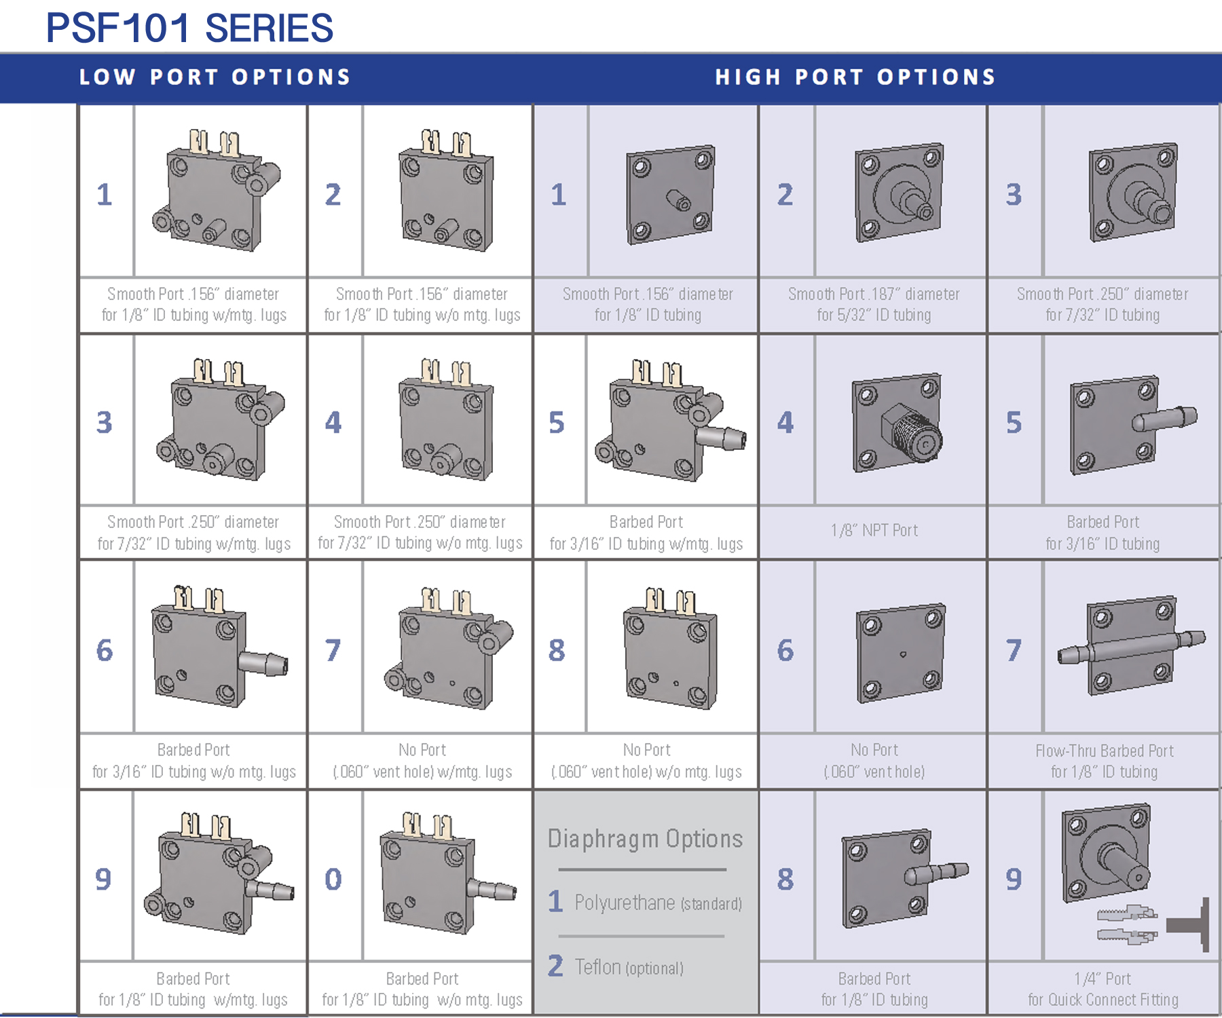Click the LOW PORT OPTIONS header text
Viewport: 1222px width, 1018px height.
pyautogui.click(x=215, y=77)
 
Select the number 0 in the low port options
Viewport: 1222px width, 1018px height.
pyautogui.click(x=333, y=879)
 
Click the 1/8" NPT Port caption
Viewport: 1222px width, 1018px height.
pyautogui.click(x=874, y=531)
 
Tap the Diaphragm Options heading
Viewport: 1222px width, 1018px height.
pyautogui.click(x=645, y=839)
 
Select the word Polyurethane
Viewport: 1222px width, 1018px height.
pyautogui.click(x=625, y=903)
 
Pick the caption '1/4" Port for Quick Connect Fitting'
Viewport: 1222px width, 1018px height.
pyautogui.click(x=1103, y=989)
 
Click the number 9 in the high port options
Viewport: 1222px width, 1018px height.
pyautogui.click(x=1013, y=879)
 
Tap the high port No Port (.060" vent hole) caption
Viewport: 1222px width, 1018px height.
pyautogui.click(x=874, y=761)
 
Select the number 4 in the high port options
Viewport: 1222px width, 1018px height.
pyautogui.click(x=785, y=423)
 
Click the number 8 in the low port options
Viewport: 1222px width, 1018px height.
pyautogui.click(x=557, y=650)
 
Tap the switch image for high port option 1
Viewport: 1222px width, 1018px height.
pyautogui.click(x=670, y=194)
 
